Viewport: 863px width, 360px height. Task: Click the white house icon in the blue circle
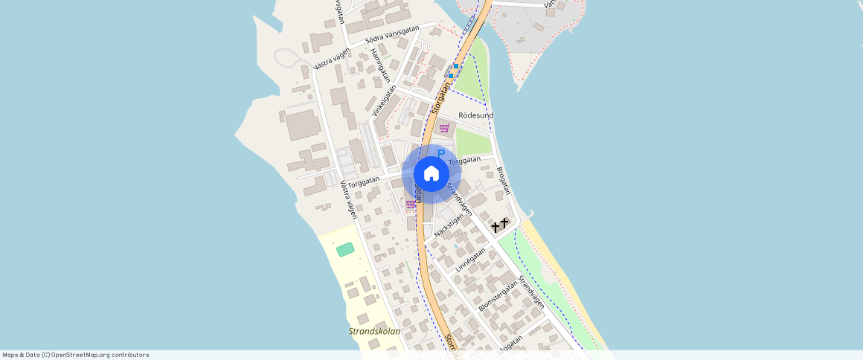pos(431,173)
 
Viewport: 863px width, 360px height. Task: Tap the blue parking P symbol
pos(440,154)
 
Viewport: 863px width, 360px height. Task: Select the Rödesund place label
pos(476,116)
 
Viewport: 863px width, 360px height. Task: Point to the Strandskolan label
pos(374,332)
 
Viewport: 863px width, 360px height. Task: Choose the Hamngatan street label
pos(380,66)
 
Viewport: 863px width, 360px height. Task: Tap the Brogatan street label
pos(504,180)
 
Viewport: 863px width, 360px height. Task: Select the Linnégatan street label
pos(471,260)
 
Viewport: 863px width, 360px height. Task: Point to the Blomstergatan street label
pos(498,296)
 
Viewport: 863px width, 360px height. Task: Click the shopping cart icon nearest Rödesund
pos(444,128)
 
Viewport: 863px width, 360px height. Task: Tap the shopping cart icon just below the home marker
pos(411,204)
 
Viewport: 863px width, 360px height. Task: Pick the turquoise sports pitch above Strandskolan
pos(345,250)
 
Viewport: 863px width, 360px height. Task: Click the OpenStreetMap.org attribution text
pos(75,355)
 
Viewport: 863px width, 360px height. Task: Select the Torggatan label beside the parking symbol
pos(465,161)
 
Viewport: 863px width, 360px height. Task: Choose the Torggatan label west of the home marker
pos(364,179)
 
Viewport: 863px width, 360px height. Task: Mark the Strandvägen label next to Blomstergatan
pos(531,292)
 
